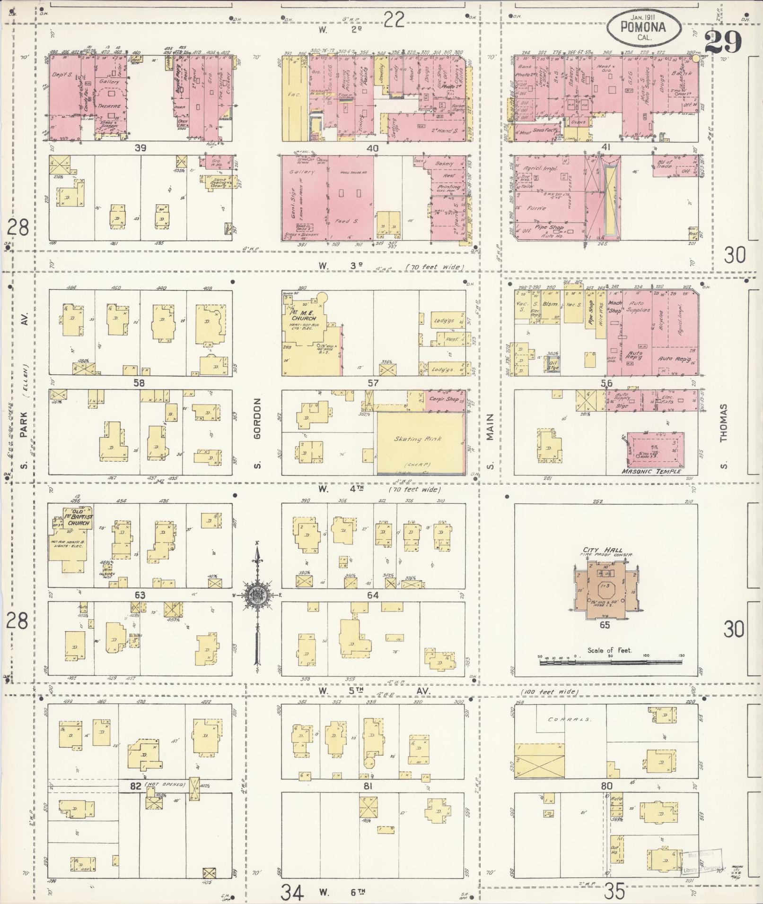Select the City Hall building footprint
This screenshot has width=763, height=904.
click(605, 591)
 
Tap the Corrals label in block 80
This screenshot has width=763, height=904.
click(563, 720)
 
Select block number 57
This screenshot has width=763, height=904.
click(373, 383)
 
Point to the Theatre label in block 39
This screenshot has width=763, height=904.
click(110, 107)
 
